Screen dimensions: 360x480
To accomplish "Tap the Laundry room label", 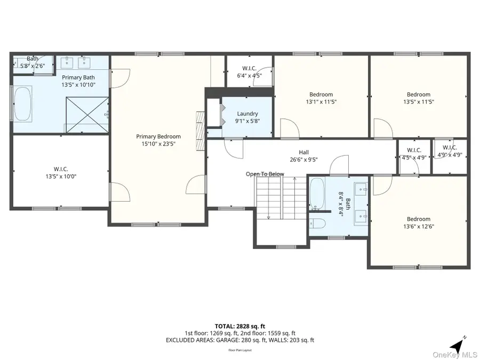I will pos(247,114).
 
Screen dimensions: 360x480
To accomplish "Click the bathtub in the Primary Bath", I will pos(23,103).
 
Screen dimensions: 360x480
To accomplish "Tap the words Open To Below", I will pos(265,174).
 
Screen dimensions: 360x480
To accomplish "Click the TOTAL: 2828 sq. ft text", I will pos(239,325).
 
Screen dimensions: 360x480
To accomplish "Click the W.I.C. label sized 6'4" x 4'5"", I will pos(250,68).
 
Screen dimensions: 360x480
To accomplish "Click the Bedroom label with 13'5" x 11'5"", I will pos(418,94).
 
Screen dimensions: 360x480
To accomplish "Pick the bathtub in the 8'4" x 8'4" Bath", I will pos(316,194).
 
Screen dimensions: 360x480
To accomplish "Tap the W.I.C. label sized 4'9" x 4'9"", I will pos(449,148).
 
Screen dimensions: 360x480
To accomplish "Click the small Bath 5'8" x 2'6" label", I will pos(33,59).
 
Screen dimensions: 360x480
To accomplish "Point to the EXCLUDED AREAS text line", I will pos(239,340).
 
